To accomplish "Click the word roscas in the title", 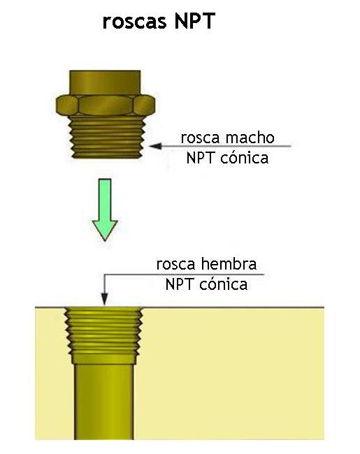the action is pyautogui.click(x=134, y=22).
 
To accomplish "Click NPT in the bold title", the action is pyautogui.click(x=195, y=21).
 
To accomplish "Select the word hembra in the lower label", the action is pyautogui.click(x=229, y=264).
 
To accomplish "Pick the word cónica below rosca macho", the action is pyautogui.click(x=244, y=158).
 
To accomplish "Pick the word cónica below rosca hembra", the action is pyautogui.click(x=224, y=284).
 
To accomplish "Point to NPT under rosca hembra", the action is pyautogui.click(x=180, y=284).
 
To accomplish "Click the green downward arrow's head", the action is pyautogui.click(x=105, y=230).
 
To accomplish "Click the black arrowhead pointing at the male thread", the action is pyautogui.click(x=155, y=146).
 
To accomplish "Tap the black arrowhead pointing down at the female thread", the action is pyautogui.click(x=104, y=300).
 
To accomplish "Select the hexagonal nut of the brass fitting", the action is pyautogui.click(x=106, y=105).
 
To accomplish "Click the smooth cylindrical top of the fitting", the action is pyautogui.click(x=105, y=82).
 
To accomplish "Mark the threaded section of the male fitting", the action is pyautogui.click(x=108, y=137).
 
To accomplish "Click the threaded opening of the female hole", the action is pyautogui.click(x=103, y=335).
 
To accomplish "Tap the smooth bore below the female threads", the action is pyautogui.click(x=103, y=402).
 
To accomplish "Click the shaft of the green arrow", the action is pyautogui.click(x=105, y=200).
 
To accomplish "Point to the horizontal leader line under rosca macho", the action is pyautogui.click(x=220, y=146).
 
